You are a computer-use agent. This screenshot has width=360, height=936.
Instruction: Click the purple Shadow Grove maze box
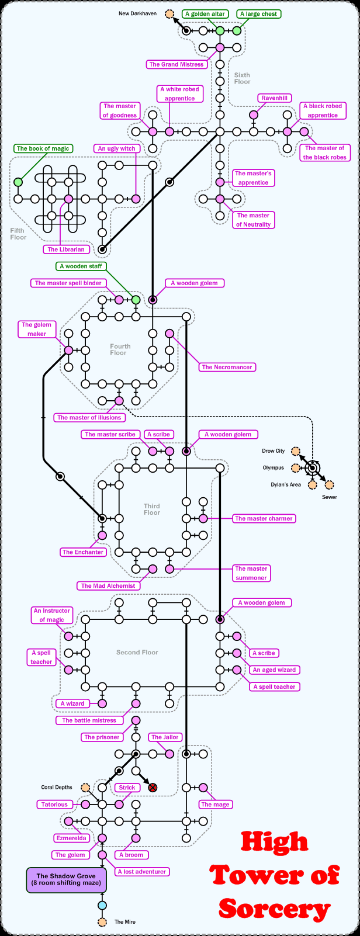(x=66, y=880)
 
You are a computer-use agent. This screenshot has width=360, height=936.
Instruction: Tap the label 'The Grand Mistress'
(x=176, y=64)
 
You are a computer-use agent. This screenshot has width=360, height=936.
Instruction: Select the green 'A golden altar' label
(x=205, y=13)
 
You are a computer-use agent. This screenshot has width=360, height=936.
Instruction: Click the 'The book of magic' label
(x=43, y=148)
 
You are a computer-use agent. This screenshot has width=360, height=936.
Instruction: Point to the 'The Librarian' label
(x=66, y=249)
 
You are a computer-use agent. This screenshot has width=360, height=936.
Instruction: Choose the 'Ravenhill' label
(x=275, y=98)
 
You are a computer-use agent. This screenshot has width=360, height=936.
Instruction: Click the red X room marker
(x=153, y=788)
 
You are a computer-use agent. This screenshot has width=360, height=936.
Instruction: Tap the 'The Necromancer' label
(x=227, y=367)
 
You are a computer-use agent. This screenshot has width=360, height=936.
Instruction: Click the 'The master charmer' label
(x=264, y=518)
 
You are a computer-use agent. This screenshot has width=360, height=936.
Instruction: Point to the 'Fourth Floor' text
(x=120, y=349)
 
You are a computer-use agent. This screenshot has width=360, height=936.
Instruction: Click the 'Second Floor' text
(x=137, y=652)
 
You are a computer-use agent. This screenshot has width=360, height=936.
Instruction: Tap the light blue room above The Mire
(x=102, y=906)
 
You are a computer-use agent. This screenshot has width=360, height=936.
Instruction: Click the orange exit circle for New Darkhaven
(x=169, y=13)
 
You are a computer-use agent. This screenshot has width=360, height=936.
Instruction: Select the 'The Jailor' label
(x=165, y=737)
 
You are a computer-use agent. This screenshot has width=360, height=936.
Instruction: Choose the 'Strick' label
(x=127, y=788)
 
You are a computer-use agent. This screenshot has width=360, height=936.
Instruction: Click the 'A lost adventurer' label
(x=142, y=872)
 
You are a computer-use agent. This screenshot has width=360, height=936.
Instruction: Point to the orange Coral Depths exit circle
(x=86, y=788)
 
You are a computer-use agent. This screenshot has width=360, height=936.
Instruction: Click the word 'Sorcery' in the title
(x=275, y=909)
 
